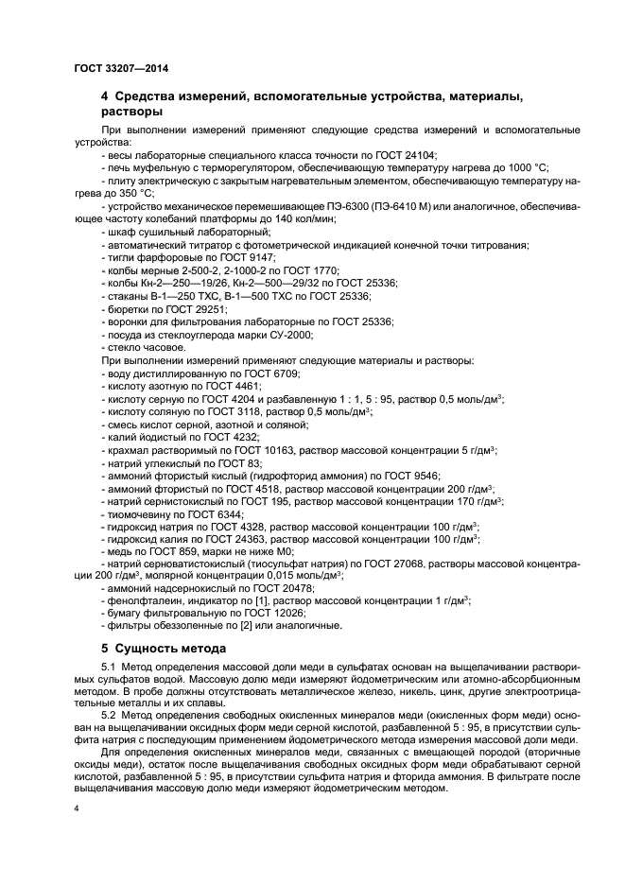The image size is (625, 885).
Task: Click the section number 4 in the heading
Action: click(x=105, y=96)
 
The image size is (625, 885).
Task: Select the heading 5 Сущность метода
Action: click(x=164, y=649)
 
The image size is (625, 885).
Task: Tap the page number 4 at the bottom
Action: click(x=78, y=809)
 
